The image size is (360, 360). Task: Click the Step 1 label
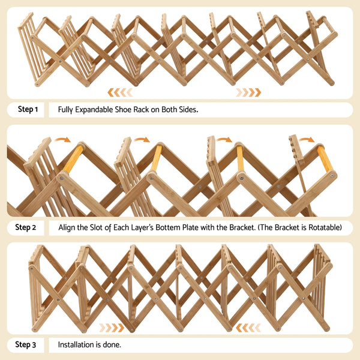[28, 110]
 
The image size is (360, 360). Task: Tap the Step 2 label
[26, 227]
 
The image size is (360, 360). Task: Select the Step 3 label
[26, 345]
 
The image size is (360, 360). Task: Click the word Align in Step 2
[67, 227]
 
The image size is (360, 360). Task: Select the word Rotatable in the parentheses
[322, 227]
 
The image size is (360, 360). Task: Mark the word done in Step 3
[112, 345]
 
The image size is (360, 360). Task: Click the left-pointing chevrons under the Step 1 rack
[119, 92]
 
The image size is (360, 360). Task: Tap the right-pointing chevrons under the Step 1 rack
[248, 92]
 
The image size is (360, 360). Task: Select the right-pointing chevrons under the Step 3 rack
[112, 328]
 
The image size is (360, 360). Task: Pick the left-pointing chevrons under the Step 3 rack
[248, 328]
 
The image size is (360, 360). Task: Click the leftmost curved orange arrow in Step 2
[62, 140]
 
